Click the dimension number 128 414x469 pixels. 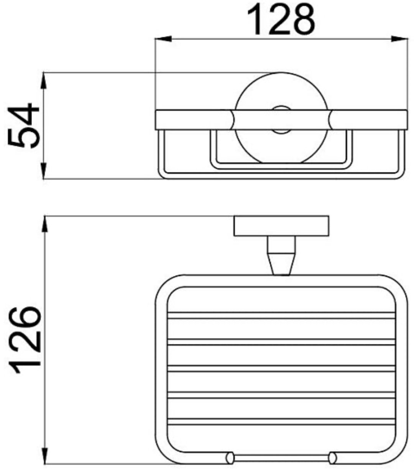(281, 20)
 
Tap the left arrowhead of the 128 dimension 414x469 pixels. (163, 39)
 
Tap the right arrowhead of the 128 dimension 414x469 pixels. (399, 39)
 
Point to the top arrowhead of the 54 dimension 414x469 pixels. (44, 81)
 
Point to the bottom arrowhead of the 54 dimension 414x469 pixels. (44, 171)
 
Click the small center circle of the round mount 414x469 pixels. (281, 120)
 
